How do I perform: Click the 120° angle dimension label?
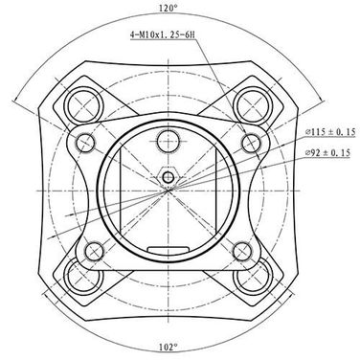[169, 8]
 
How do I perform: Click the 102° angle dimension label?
[169, 347]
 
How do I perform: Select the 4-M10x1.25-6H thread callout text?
[162, 34]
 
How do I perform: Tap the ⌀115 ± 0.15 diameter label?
[330, 132]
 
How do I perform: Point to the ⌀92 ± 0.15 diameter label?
[327, 152]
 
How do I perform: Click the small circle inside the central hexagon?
[168, 176]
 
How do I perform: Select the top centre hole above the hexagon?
[169, 141]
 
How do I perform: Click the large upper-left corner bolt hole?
[84, 104]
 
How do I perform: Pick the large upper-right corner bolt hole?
[253, 104]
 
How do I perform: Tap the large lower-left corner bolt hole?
[84, 277]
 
